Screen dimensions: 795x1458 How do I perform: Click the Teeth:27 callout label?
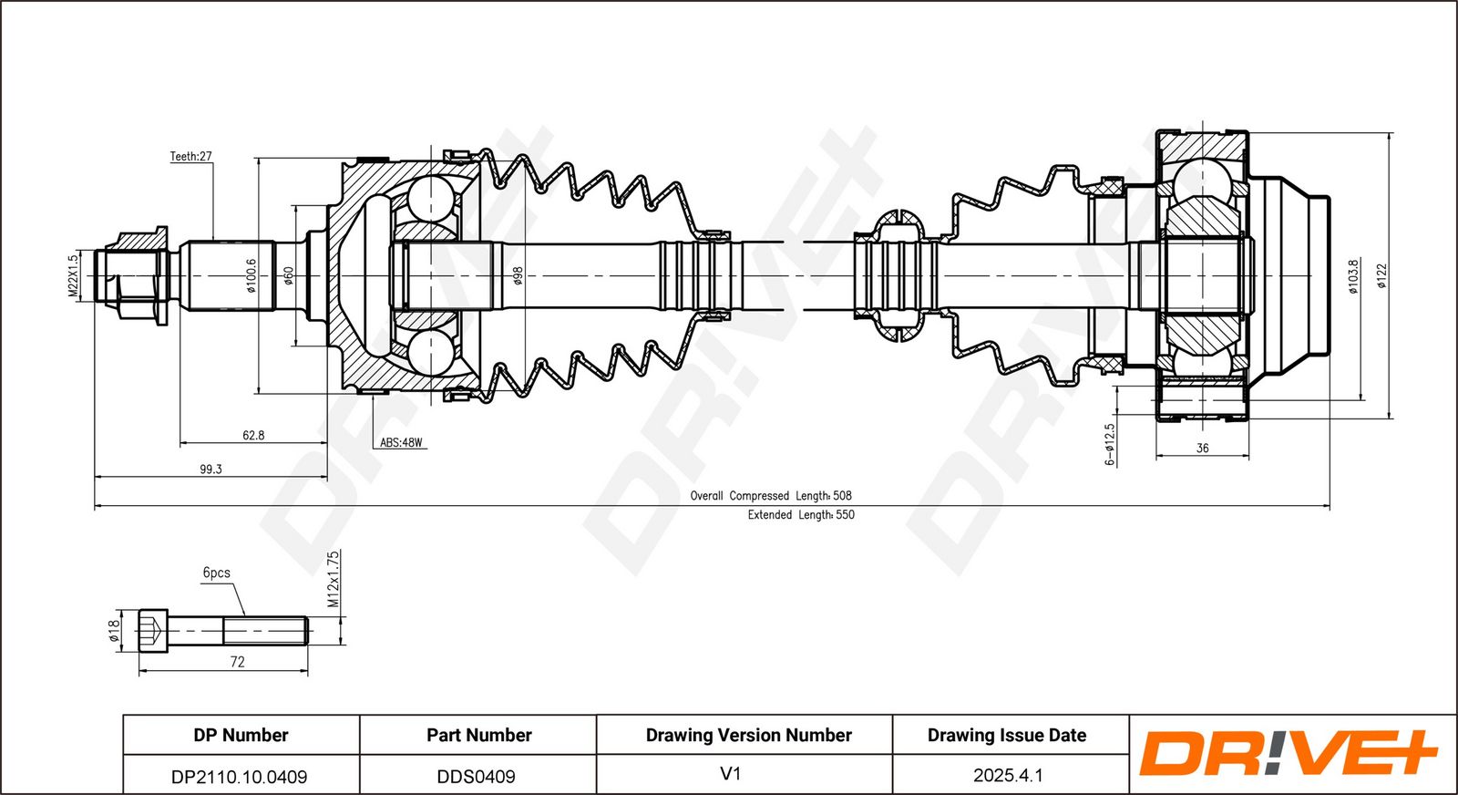coord(190,157)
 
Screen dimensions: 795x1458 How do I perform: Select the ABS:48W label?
coord(401,443)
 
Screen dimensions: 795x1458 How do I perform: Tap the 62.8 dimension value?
coord(253,436)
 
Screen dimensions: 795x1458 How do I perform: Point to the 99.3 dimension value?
coord(210,470)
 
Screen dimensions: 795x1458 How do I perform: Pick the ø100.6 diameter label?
coord(252,276)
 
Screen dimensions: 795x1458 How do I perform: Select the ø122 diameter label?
coord(1381,276)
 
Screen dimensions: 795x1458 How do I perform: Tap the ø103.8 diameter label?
coord(1353,276)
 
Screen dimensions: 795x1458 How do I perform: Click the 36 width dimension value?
coord(1202,449)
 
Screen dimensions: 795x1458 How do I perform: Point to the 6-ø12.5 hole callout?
coord(1110,444)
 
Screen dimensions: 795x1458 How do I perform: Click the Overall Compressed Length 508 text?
coord(771,496)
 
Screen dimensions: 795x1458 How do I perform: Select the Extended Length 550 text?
coord(801,515)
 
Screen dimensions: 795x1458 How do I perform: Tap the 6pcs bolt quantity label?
coord(216,573)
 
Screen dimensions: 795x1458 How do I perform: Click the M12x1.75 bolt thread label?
coord(334,579)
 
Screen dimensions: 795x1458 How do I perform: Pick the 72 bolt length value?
coord(237,662)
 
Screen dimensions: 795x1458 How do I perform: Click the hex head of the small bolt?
coord(153,629)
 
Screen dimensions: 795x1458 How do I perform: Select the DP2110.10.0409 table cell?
coord(240,777)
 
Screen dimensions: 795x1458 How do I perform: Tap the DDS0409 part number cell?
coord(477,777)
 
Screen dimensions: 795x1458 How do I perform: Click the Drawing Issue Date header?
coord(1007,735)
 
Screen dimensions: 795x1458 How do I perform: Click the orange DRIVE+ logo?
coord(1287,754)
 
